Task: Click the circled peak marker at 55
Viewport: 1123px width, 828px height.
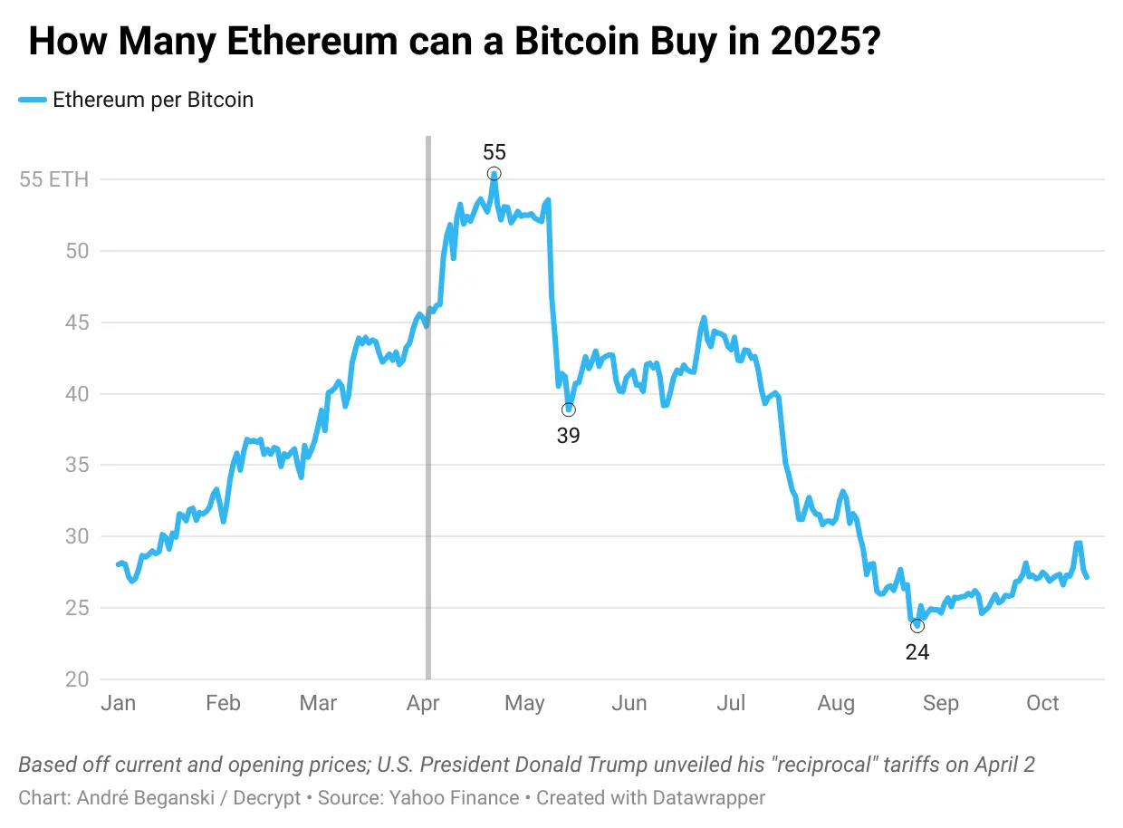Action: pos(494,174)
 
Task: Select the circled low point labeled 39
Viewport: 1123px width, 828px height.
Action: pos(568,409)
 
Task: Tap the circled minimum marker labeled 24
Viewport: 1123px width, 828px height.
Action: pos(917,626)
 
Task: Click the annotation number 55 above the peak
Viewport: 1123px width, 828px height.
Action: pos(494,152)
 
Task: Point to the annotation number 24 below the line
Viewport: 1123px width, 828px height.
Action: pos(917,651)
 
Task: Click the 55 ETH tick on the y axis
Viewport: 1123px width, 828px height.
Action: pos(54,179)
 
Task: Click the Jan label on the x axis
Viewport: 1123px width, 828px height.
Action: pos(118,704)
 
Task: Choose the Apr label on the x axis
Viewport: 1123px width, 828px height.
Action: pos(423,704)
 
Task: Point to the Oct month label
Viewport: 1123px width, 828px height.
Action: pos(1042,704)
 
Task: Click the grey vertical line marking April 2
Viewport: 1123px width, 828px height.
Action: pos(427,408)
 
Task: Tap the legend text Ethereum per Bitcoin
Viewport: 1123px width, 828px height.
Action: pos(153,100)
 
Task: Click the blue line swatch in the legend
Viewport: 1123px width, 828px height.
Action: pos(33,101)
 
